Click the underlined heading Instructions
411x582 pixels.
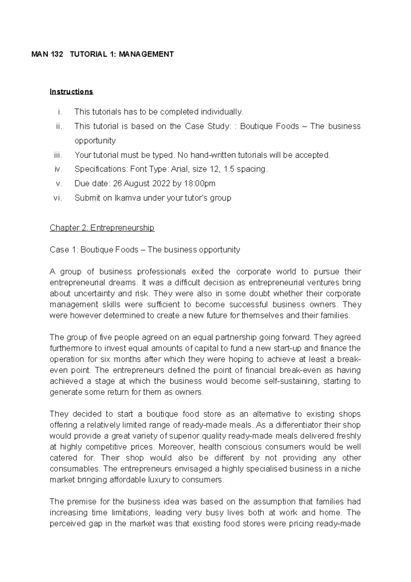point(71,92)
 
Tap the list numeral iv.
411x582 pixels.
point(59,169)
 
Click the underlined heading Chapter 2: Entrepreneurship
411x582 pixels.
point(102,228)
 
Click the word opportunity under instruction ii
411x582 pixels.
point(95,141)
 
